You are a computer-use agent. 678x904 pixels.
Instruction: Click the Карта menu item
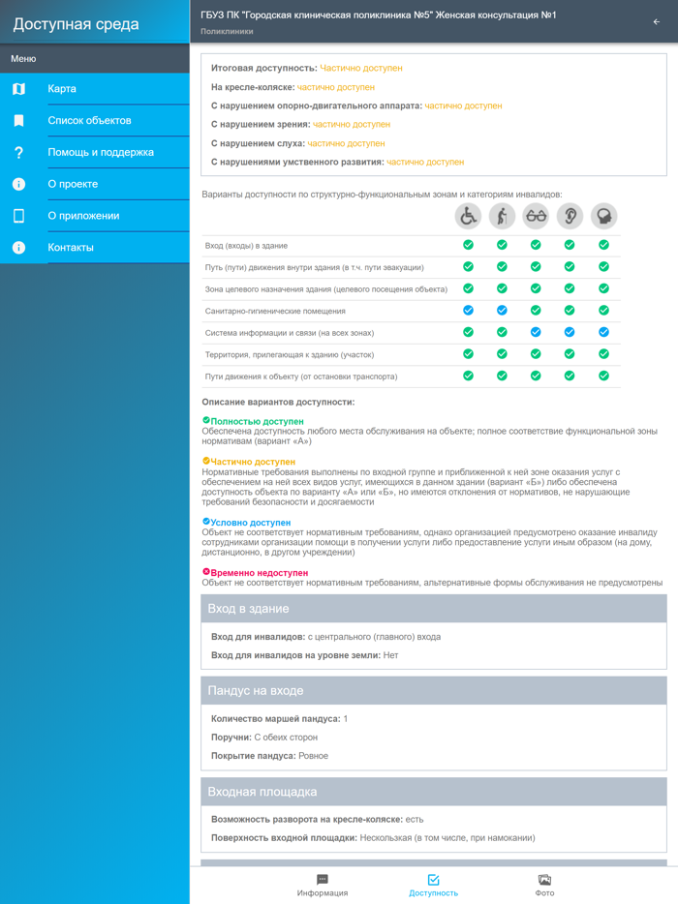click(62, 89)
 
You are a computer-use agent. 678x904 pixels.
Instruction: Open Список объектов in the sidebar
click(89, 121)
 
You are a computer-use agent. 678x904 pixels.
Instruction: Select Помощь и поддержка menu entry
click(101, 153)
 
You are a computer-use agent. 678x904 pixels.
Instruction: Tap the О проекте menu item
click(73, 184)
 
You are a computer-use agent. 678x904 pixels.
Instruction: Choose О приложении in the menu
click(83, 216)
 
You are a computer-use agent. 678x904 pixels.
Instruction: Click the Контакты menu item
click(71, 248)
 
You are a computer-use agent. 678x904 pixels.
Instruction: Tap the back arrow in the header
click(657, 21)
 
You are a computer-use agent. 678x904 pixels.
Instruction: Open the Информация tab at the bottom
click(323, 885)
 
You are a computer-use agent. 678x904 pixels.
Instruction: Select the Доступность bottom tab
click(433, 885)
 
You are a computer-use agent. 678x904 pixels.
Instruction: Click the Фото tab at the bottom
click(544, 885)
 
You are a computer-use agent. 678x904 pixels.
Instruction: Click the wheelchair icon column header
click(469, 216)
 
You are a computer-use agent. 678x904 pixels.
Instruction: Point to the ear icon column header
click(570, 216)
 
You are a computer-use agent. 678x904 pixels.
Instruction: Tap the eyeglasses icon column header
click(536, 216)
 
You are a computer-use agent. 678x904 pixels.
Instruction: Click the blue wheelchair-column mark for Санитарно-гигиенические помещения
click(469, 311)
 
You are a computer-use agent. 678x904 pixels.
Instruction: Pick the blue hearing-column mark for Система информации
click(570, 332)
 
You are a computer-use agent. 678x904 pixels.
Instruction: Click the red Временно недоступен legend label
click(259, 573)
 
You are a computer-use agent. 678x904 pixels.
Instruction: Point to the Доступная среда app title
click(76, 25)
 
